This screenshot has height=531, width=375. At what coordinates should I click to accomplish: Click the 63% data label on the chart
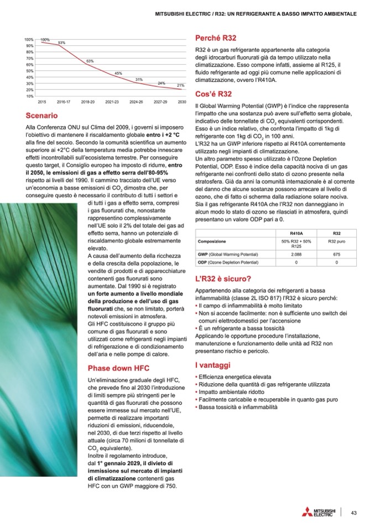[x=90, y=60]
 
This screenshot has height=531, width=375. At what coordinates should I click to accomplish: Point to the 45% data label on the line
[x=118, y=73]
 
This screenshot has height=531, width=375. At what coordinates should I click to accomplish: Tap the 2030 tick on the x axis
[x=181, y=102]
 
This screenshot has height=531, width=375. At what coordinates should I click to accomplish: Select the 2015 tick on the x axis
[x=41, y=102]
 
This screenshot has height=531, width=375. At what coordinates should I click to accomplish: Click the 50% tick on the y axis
[x=29, y=71]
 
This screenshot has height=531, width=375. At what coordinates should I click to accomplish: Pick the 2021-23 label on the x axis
[x=112, y=102]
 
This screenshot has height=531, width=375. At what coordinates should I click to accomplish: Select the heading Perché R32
[x=216, y=38]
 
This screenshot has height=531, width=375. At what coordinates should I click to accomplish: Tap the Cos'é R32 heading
[x=213, y=94]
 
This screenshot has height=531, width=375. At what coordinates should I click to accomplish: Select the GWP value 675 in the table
[x=336, y=254]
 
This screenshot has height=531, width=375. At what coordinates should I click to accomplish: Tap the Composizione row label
[x=212, y=242]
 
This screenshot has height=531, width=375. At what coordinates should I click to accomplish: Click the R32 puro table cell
[x=336, y=242]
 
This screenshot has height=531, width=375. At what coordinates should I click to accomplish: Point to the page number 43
[x=353, y=512]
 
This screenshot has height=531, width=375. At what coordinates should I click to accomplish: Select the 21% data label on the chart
[x=180, y=86]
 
